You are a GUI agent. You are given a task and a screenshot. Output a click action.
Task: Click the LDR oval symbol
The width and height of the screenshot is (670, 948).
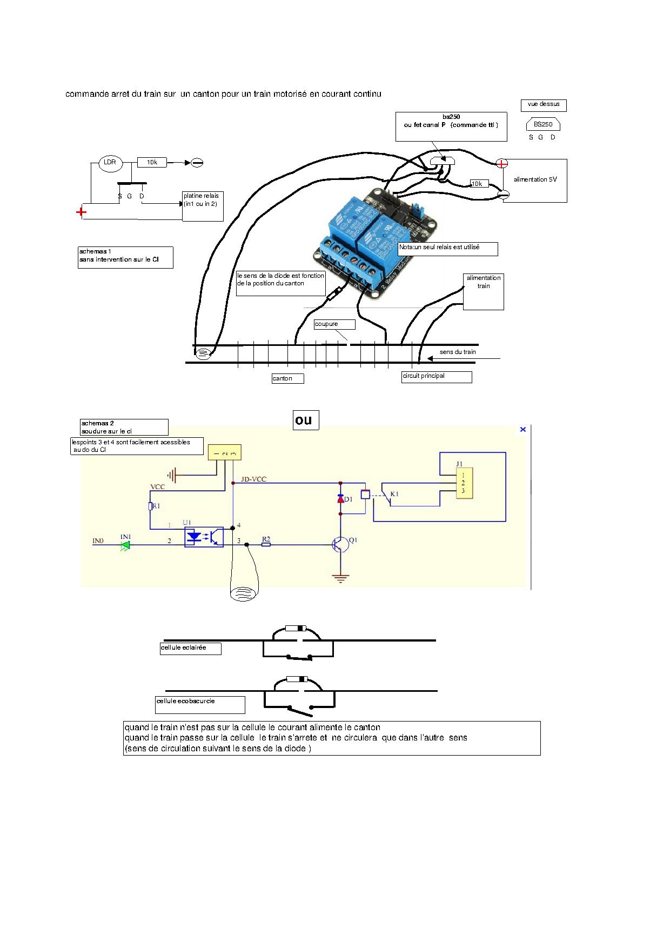click(x=110, y=163)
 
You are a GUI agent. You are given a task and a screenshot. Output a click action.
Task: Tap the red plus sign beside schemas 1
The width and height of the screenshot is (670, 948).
click(x=81, y=212)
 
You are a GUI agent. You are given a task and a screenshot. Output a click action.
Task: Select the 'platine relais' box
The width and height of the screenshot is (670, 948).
click(x=203, y=206)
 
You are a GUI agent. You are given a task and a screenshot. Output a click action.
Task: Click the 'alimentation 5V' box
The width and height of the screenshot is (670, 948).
click(x=535, y=180)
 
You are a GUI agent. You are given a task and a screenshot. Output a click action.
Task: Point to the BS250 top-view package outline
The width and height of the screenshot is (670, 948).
click(x=543, y=125)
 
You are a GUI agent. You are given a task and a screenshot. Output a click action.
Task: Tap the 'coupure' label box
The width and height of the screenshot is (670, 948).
click(x=334, y=324)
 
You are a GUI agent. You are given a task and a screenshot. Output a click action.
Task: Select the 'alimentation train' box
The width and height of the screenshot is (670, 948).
click(x=484, y=291)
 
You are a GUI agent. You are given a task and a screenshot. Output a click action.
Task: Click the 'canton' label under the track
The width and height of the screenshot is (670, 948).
click(x=287, y=378)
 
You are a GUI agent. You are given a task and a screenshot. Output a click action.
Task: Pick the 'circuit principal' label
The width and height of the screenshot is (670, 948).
click(x=437, y=376)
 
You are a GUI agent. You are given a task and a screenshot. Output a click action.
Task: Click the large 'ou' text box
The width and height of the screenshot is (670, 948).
click(x=306, y=420)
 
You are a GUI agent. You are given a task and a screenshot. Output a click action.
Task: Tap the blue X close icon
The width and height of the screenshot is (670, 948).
click(x=522, y=429)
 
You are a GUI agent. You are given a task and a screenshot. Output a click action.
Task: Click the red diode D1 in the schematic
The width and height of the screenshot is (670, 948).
click(x=340, y=499)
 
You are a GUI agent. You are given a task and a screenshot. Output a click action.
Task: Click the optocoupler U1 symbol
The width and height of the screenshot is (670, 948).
click(x=204, y=537)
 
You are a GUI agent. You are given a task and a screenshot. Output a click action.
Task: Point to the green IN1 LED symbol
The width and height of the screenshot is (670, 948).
click(x=125, y=545)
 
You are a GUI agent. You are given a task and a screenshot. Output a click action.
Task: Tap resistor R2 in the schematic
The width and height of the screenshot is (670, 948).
click(x=266, y=545)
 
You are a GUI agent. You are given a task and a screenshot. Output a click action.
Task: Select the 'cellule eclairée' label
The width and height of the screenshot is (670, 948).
click(x=190, y=648)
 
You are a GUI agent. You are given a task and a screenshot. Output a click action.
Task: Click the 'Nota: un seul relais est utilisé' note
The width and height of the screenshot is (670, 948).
click(x=447, y=249)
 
